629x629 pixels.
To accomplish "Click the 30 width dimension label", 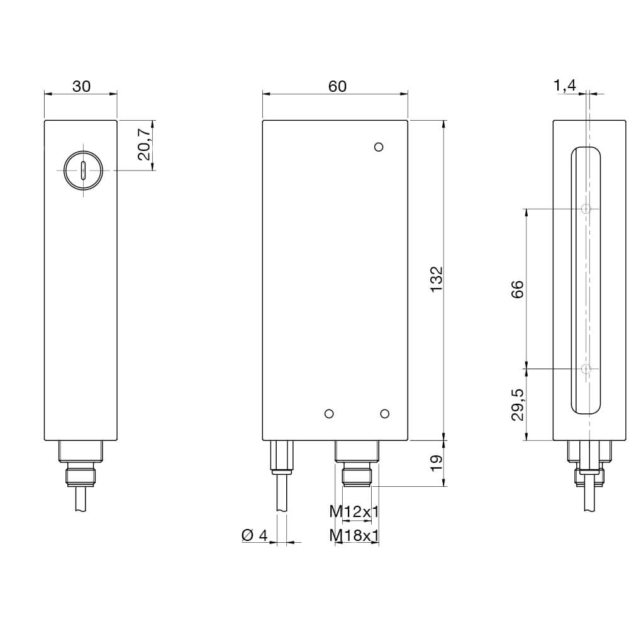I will point(81,87).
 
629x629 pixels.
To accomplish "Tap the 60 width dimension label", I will point(337,87).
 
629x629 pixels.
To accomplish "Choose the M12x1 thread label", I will point(355,512).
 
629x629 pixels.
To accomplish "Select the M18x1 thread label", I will point(355,535).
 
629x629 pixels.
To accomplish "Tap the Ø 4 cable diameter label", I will point(255,535).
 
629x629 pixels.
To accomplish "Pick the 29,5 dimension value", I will point(517,404).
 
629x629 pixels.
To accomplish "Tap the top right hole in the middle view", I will point(378,147).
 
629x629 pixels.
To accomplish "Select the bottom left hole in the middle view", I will point(328,413).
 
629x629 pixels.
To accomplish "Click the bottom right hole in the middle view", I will point(385,413).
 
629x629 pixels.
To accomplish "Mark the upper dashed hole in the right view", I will point(586,209).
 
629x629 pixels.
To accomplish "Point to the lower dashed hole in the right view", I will point(586,369).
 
